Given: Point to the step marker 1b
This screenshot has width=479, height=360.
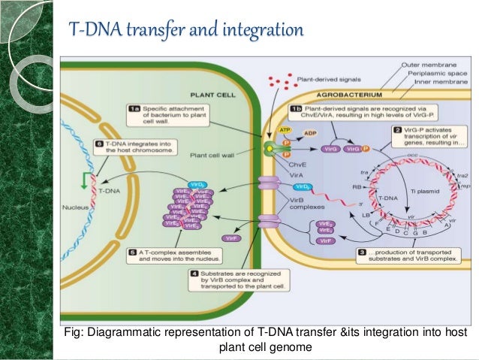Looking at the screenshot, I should [296, 109].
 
